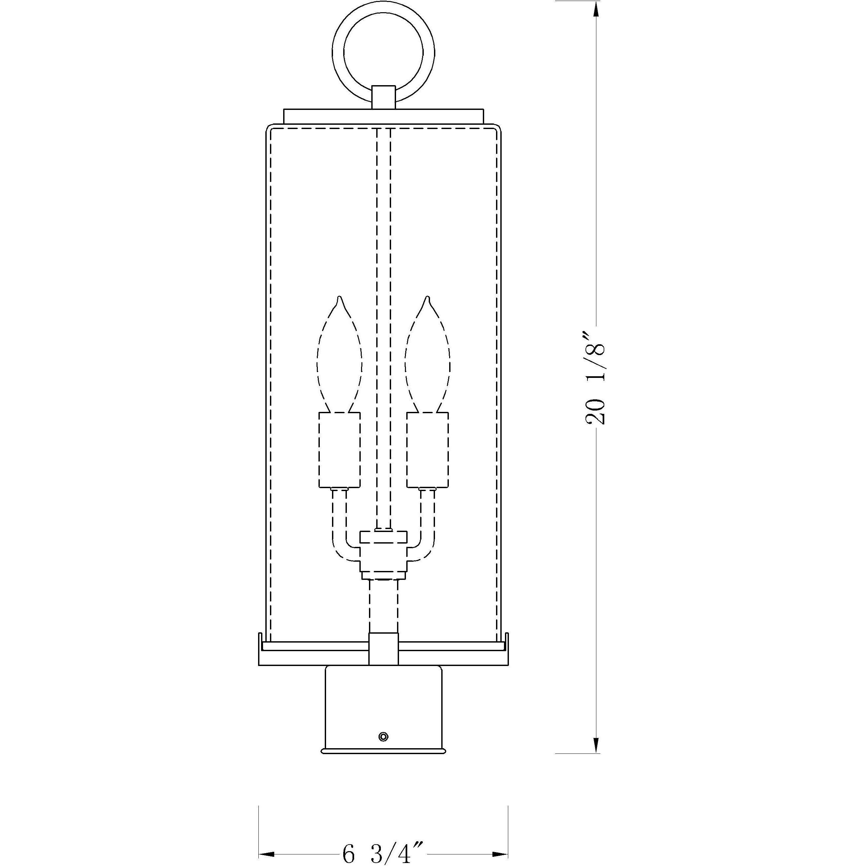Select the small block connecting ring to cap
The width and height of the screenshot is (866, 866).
pyautogui.click(x=384, y=97)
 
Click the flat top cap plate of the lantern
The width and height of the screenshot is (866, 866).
pyautogui.click(x=384, y=116)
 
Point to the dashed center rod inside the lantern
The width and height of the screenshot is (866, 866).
pyautogui.click(x=384, y=314)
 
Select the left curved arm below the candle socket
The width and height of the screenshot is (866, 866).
pyautogui.click(x=339, y=529)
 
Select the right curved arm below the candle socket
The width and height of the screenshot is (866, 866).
pyautogui.click(x=428, y=529)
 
